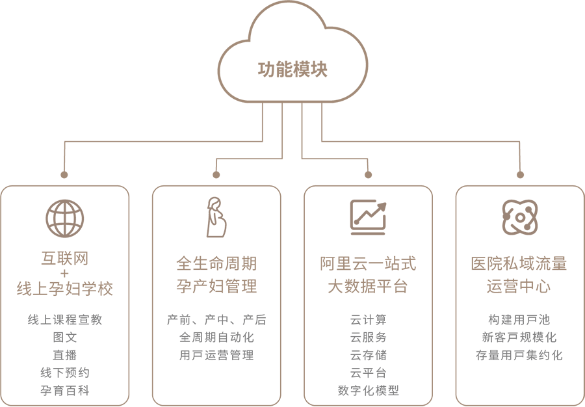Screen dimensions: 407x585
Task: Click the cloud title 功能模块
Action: [x=292, y=70]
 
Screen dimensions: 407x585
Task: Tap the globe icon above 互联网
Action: [x=65, y=218]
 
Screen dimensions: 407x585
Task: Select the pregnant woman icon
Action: [x=216, y=217]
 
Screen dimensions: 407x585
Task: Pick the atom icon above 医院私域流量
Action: [x=519, y=217]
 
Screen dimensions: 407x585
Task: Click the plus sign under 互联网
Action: [x=65, y=274]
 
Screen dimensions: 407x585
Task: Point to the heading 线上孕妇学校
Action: [x=65, y=289]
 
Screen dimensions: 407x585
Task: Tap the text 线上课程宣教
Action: [x=65, y=320]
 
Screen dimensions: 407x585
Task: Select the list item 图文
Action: [x=65, y=337]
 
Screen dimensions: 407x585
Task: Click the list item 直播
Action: [x=65, y=355]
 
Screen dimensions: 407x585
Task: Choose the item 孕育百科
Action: [x=65, y=391]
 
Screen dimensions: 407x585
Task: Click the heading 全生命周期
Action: [x=216, y=263]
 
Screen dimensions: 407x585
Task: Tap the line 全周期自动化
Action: [x=216, y=337]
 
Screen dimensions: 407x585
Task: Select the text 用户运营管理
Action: [x=216, y=355]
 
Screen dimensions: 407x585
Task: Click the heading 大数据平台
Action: [x=368, y=286]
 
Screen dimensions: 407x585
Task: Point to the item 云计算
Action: [x=368, y=320]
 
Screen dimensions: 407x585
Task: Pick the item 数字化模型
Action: [x=368, y=391]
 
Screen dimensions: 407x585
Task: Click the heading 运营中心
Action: [x=519, y=286]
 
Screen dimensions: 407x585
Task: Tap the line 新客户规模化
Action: [x=519, y=337]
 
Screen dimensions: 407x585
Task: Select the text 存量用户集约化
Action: [x=519, y=355]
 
